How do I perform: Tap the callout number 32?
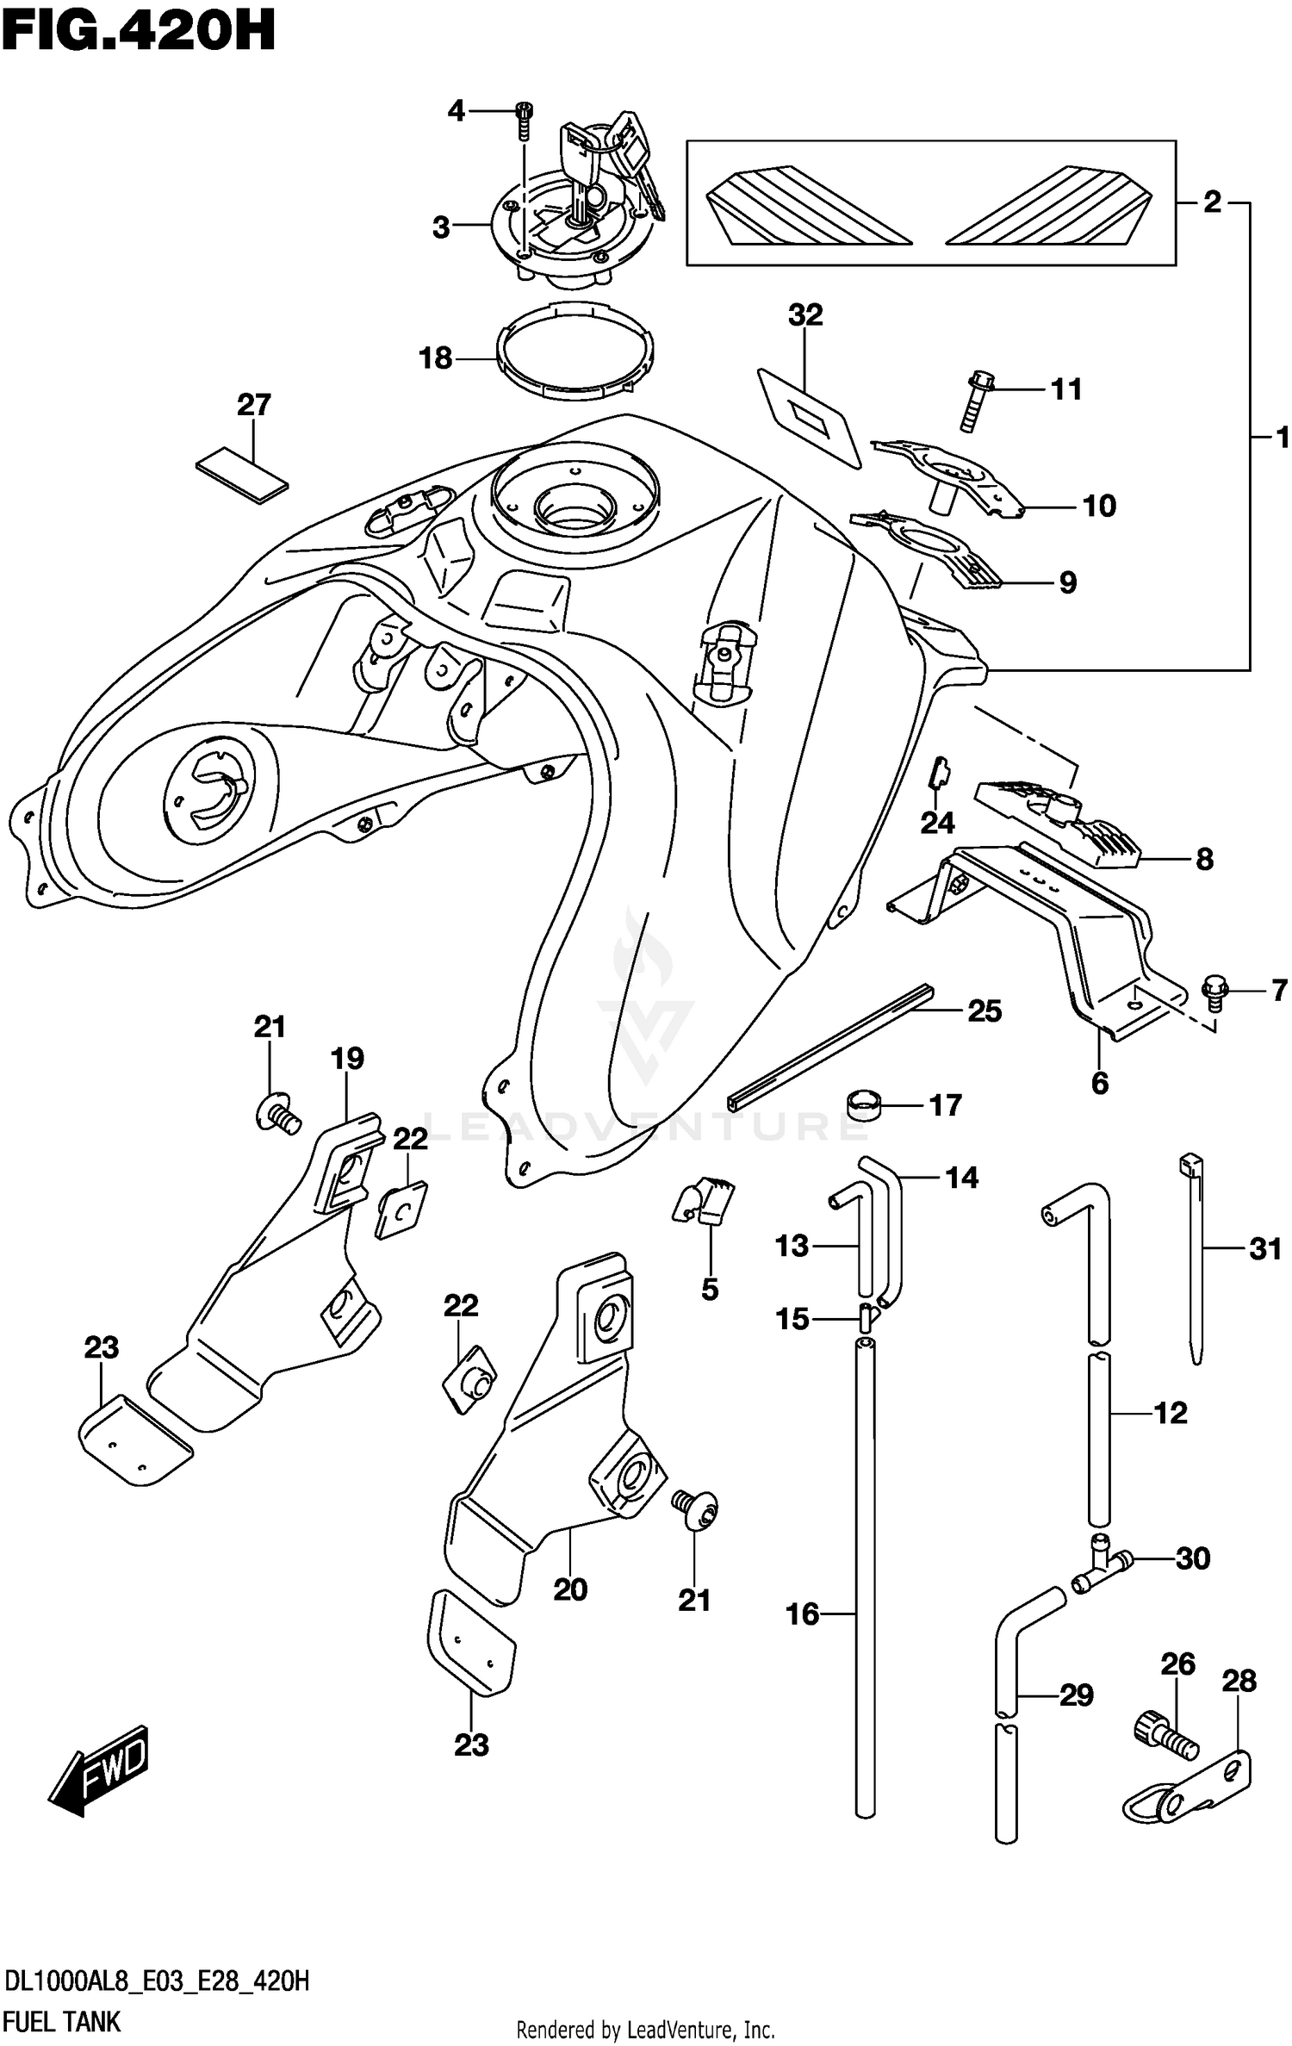[x=805, y=315]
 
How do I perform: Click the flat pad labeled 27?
[x=242, y=473]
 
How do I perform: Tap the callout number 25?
[x=985, y=1011]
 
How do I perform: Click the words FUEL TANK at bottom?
[x=62, y=2021]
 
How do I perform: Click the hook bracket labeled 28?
[x=1190, y=1791]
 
